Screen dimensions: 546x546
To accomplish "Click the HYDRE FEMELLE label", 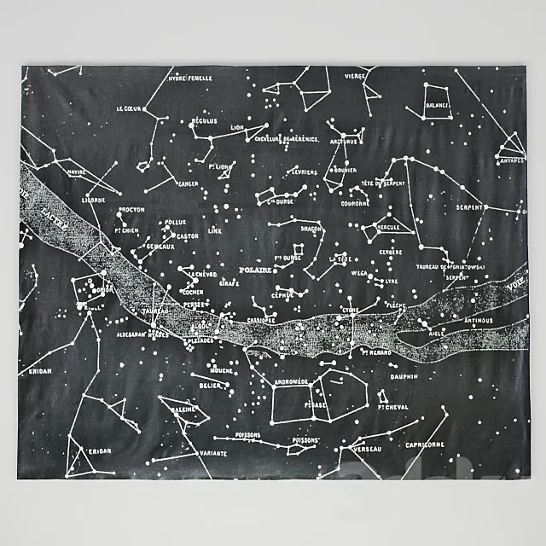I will pyautogui.click(x=189, y=78).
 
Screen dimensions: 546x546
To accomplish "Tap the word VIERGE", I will pyautogui.click(x=356, y=76).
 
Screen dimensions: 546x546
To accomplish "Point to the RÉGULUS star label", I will pyautogui.click(x=206, y=122).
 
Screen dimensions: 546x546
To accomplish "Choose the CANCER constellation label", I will pyautogui.click(x=187, y=183).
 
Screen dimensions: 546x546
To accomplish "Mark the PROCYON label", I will pyautogui.click(x=131, y=208).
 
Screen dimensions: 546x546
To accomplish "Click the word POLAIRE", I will pyautogui.click(x=255, y=270).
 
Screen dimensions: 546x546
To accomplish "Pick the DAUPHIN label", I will pyautogui.click(x=405, y=375).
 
